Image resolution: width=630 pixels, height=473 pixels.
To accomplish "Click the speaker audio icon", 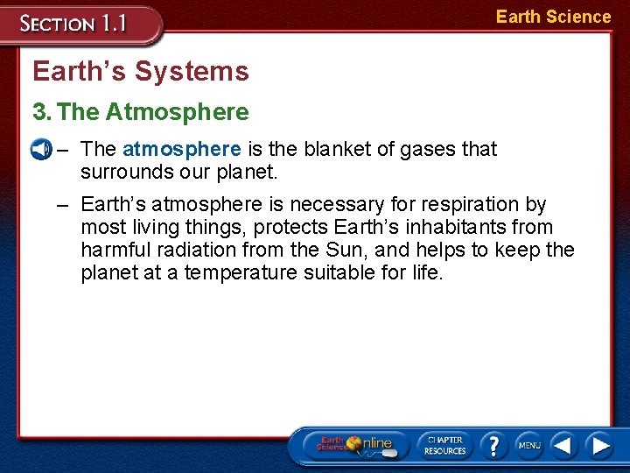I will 39,149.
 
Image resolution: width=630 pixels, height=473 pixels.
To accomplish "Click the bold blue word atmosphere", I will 181,149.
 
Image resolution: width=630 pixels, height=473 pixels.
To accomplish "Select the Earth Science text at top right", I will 553,17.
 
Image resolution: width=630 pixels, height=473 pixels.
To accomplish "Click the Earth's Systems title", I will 141,71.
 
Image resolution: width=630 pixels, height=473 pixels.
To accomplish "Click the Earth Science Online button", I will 354,445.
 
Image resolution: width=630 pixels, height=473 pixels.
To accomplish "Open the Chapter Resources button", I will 444,445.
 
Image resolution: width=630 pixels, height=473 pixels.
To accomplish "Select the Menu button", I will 528,445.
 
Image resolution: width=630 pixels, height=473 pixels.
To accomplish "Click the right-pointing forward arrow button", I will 599,445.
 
